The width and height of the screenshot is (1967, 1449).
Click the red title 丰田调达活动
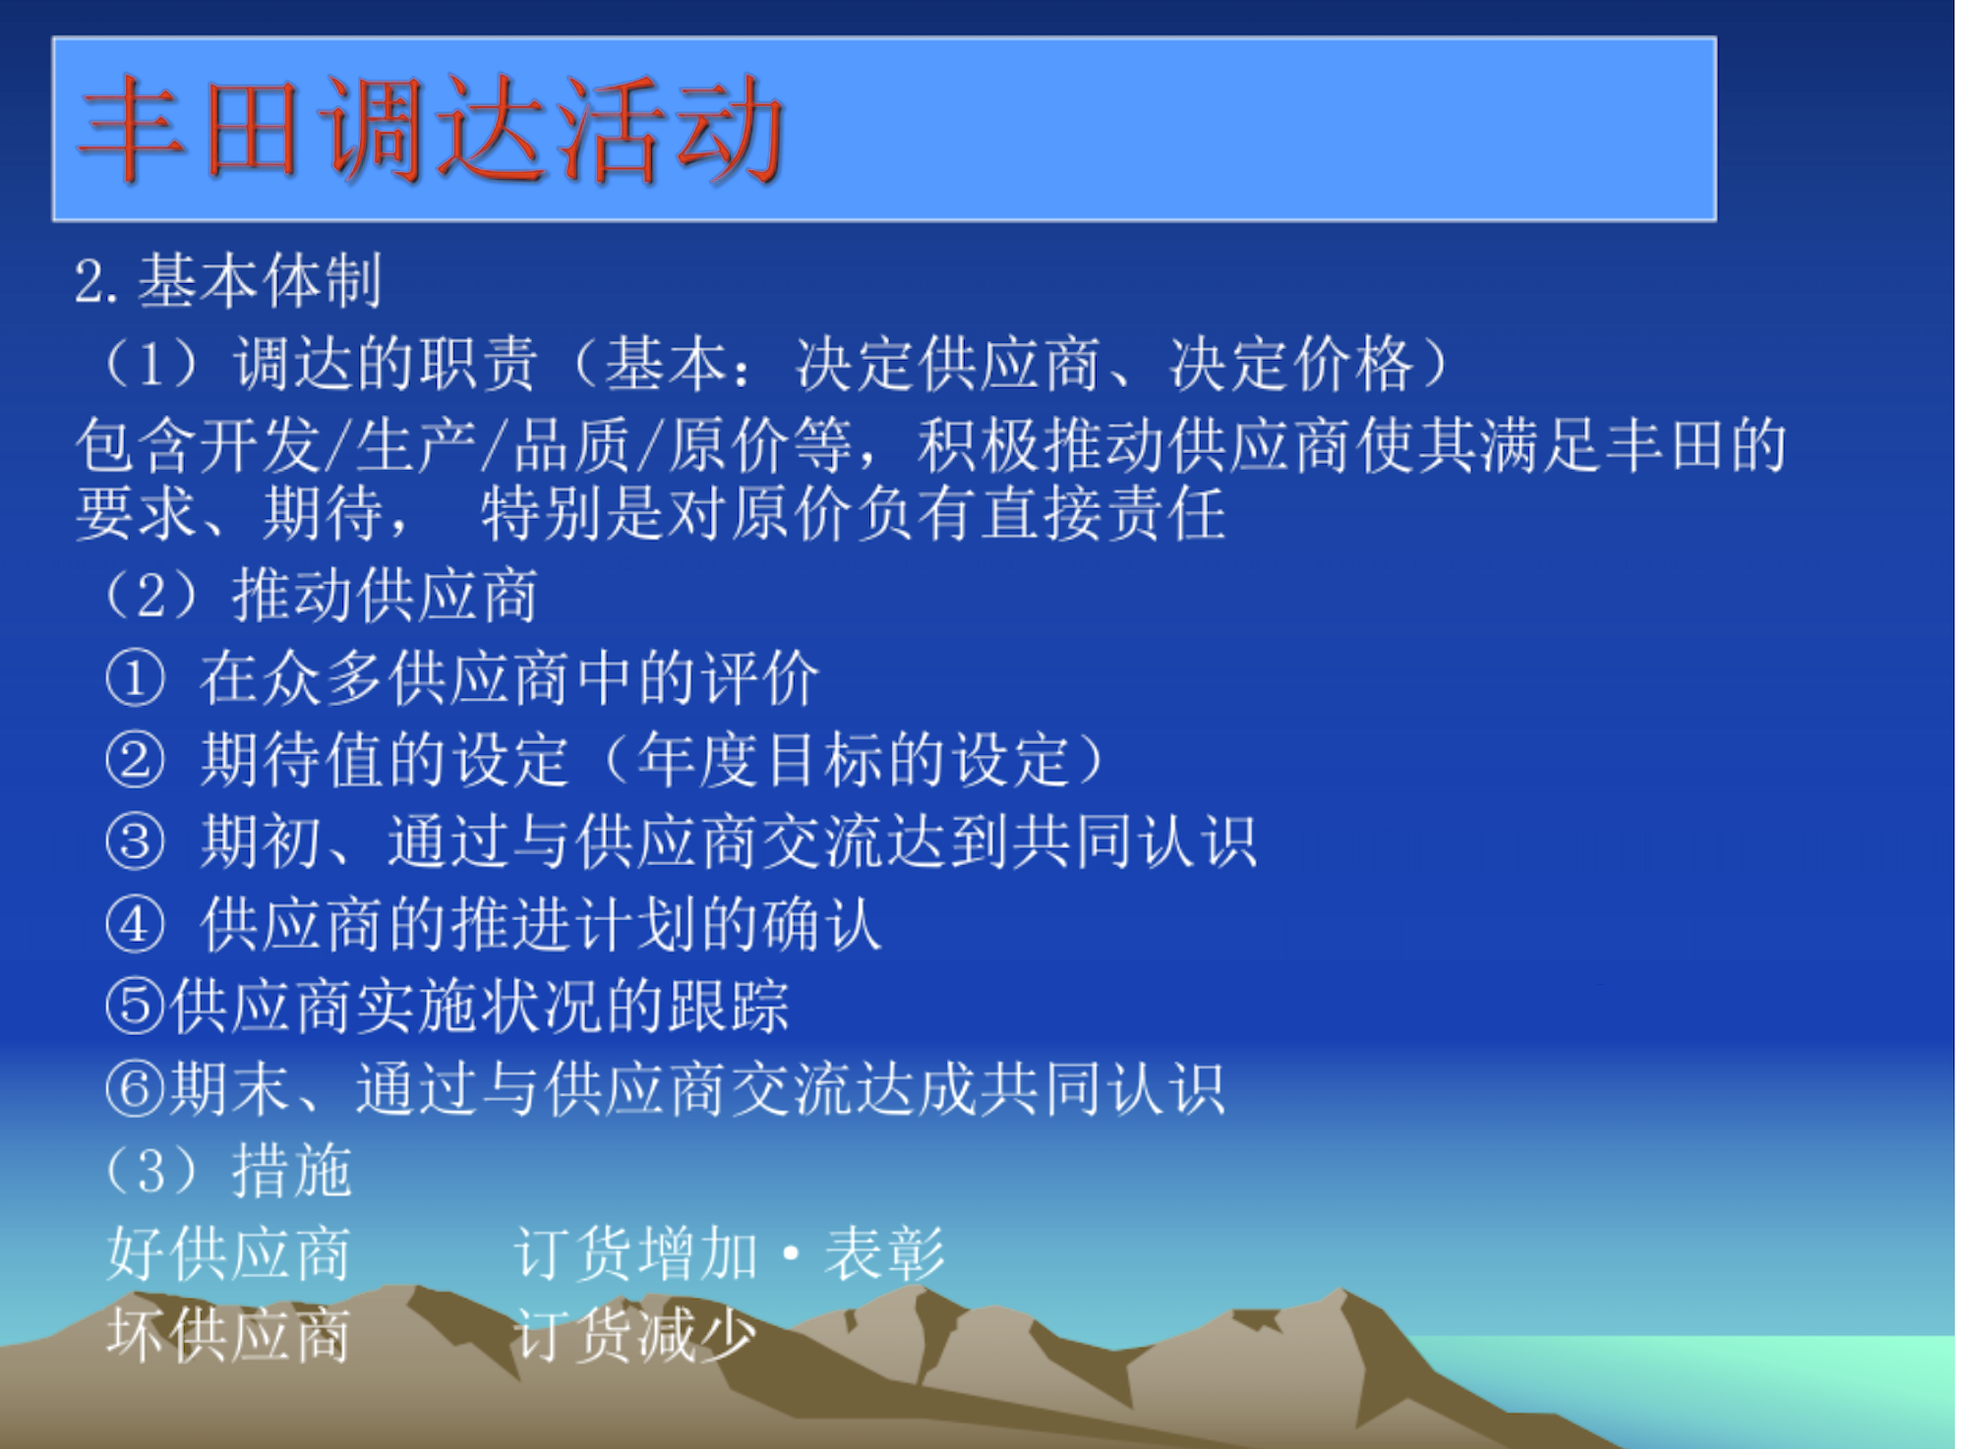[432, 129]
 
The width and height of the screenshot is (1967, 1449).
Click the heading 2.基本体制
[228, 280]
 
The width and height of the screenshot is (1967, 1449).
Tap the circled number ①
[135, 678]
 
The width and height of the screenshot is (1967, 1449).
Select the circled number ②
[135, 760]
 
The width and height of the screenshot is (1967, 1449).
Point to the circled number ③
[135, 842]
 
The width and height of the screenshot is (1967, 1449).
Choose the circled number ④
[135, 925]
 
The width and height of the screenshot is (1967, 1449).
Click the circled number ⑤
[135, 1007]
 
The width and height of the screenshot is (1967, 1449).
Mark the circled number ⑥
[135, 1089]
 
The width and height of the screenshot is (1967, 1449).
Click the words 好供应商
[228, 1253]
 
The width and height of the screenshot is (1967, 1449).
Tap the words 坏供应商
[228, 1336]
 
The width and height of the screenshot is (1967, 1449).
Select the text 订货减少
[635, 1336]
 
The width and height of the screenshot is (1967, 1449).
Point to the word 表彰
[884, 1253]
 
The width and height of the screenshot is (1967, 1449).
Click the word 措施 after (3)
[292, 1171]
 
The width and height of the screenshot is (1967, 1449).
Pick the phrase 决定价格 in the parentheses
[1292, 364]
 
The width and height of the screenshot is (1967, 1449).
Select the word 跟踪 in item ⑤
[729, 1007]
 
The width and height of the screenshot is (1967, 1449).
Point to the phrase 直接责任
[1104, 513]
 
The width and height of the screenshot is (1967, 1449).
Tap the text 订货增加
[635, 1253]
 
